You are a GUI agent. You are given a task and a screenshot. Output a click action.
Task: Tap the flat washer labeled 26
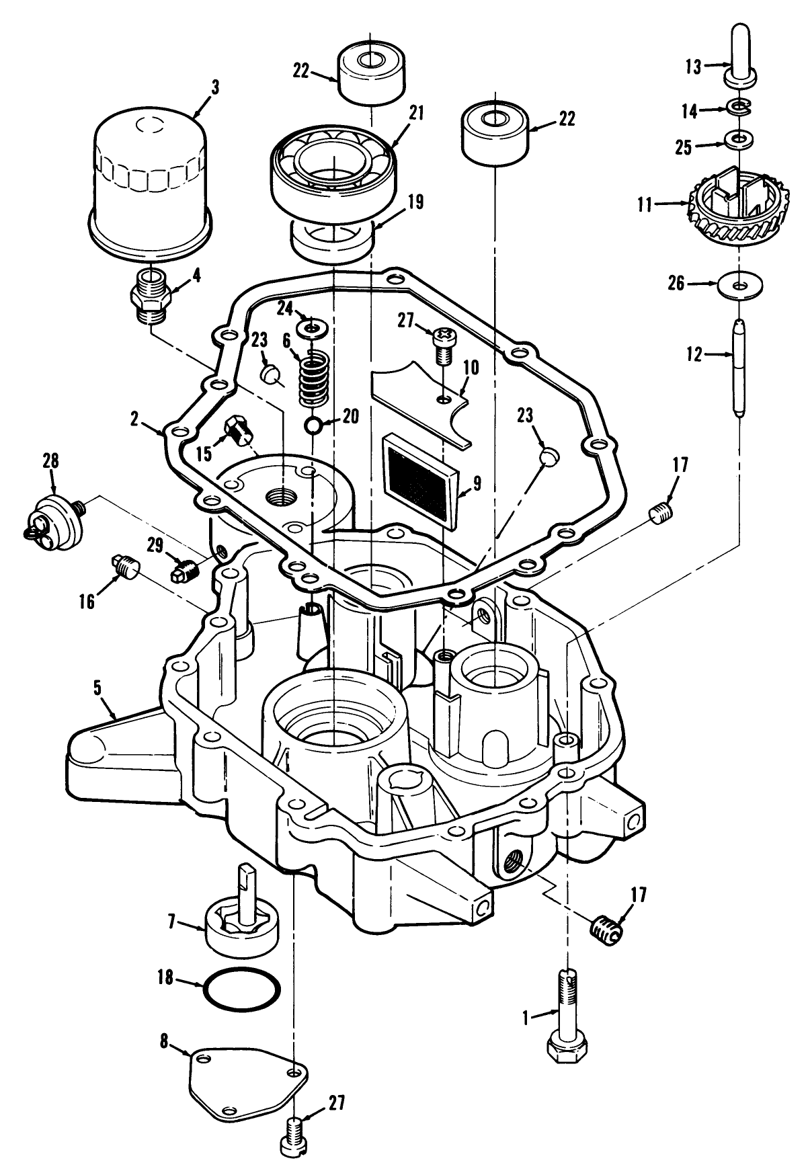[739, 286]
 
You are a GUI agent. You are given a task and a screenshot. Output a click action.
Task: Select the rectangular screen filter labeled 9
[418, 476]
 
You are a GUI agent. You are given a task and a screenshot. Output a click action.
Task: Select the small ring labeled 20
[313, 426]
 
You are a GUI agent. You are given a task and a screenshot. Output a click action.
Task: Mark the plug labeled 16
[126, 569]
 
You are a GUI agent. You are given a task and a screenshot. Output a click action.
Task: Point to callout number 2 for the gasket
[134, 420]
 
